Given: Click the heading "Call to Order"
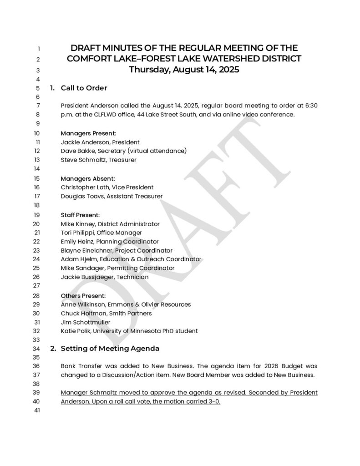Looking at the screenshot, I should (84, 88).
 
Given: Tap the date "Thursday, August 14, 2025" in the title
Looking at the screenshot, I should (184, 70).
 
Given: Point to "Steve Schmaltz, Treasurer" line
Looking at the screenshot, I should (99, 160).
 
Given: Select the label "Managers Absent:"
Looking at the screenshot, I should (88, 178).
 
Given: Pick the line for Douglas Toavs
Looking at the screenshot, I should (112, 196).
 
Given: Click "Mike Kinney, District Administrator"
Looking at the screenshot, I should (110, 224).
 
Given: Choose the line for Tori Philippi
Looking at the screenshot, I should (101, 233).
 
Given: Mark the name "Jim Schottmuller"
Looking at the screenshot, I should (86, 322).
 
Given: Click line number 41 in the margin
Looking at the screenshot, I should (37, 411).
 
